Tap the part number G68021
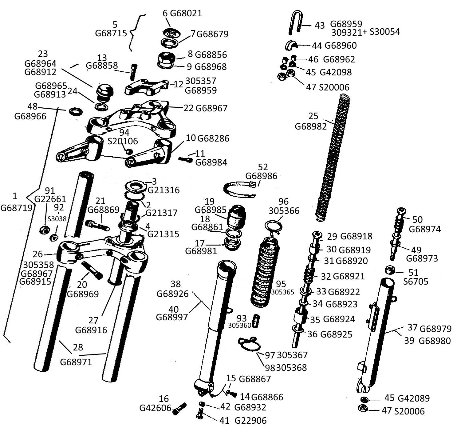tap(186, 13)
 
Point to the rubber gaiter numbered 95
tap(264, 272)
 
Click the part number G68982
tap(311, 126)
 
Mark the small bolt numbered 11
tap(185, 159)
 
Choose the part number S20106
tap(123, 141)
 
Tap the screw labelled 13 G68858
tap(134, 72)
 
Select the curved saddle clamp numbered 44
tap(292, 46)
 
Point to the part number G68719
tap(16, 208)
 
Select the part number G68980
tap(435, 341)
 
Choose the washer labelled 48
tap(76, 111)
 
